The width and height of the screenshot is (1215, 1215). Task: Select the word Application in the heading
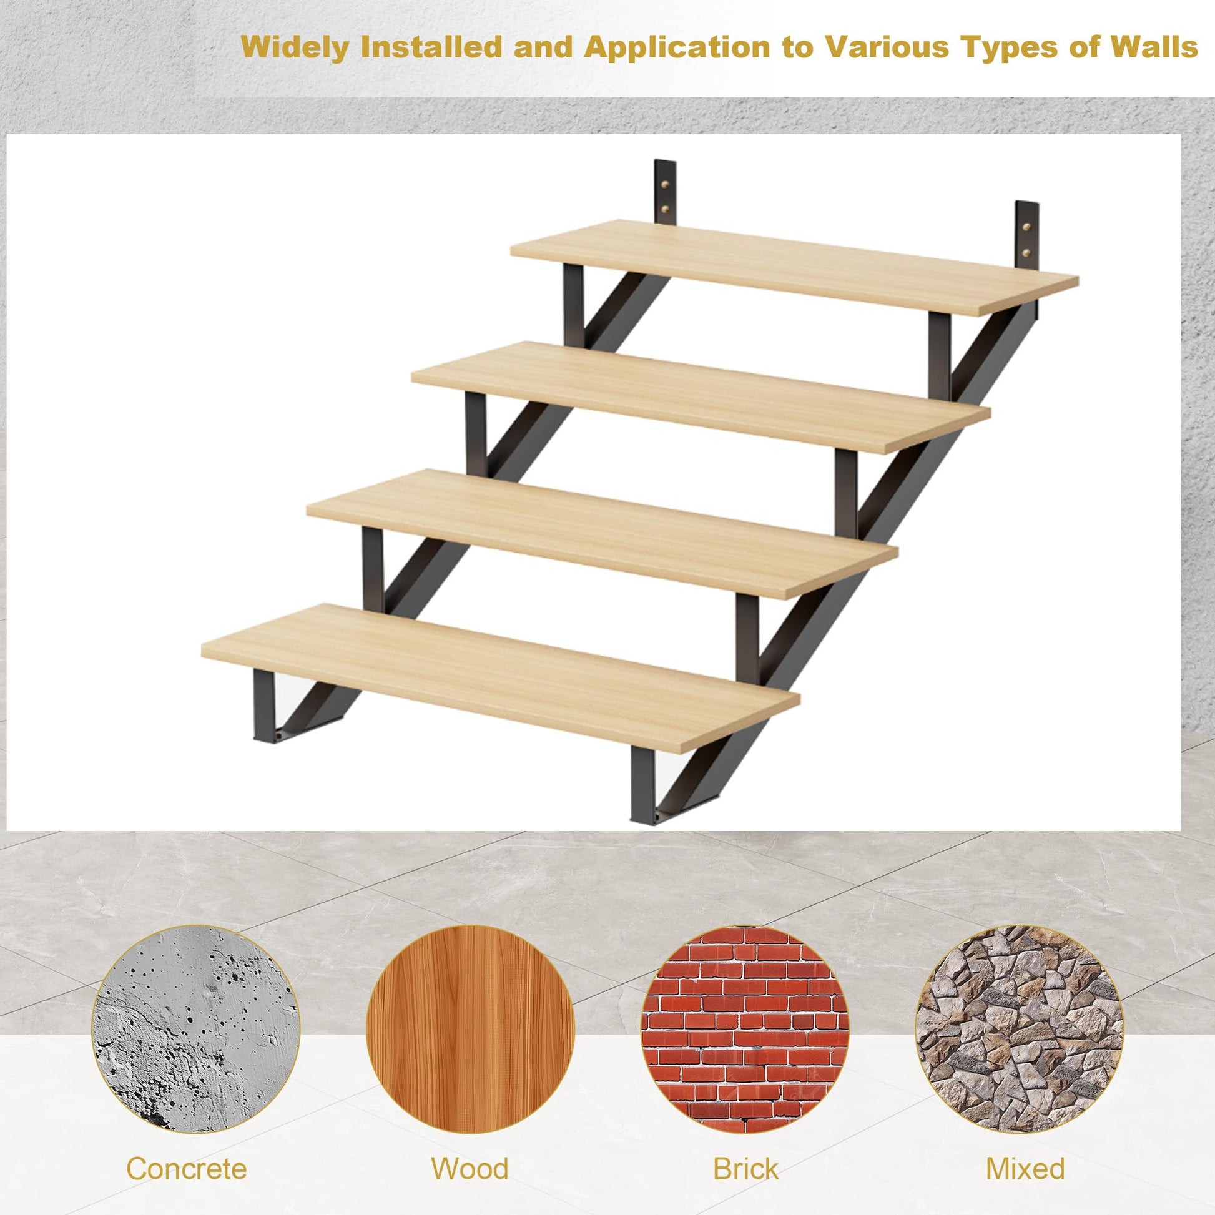tap(677, 49)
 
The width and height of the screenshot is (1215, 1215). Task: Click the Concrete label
tap(187, 1151)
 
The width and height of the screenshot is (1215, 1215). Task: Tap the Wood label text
tap(470, 1151)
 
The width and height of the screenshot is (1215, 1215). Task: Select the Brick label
tap(745, 1151)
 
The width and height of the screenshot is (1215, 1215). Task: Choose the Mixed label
tap(1025, 1151)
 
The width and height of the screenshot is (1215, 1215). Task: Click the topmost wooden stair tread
tap(794, 267)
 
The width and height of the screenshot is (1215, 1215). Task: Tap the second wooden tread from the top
tap(701, 396)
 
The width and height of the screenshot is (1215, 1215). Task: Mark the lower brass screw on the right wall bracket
tap(1027, 253)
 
